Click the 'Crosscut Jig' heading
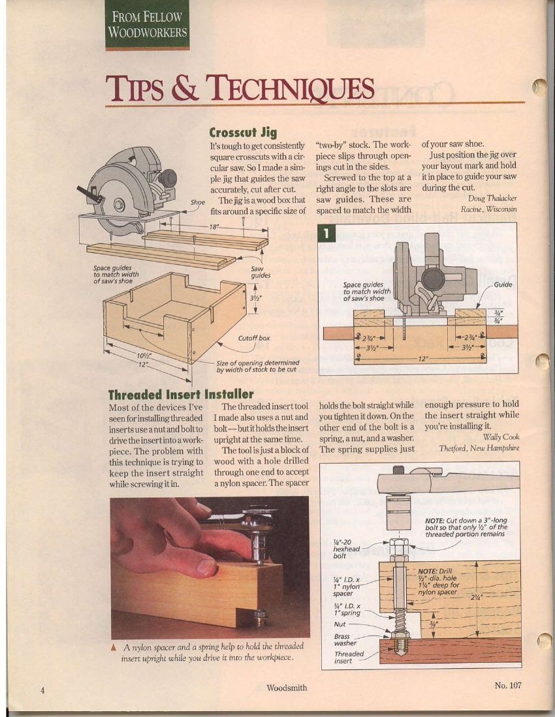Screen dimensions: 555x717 click(x=243, y=132)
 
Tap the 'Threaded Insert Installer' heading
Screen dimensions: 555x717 click(x=181, y=394)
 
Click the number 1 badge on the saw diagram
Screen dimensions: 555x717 click(x=326, y=233)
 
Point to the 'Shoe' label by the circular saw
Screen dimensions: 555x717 click(x=198, y=202)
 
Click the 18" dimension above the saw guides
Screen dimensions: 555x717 click(x=214, y=227)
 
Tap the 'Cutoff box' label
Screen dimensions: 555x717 click(x=254, y=339)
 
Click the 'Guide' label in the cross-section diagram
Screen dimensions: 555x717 click(x=503, y=284)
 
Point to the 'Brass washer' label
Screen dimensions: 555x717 click(x=344, y=639)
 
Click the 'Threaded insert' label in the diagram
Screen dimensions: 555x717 click(x=349, y=657)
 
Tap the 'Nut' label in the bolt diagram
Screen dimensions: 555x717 click(x=340, y=624)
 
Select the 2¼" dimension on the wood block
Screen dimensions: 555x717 click(x=476, y=597)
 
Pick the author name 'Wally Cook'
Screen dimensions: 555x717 click(x=501, y=437)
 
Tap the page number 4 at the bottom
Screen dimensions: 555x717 click(x=42, y=690)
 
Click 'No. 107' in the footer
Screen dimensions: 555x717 click(x=508, y=685)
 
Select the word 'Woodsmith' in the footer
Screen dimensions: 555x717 click(x=287, y=687)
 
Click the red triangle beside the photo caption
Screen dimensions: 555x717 click(x=114, y=647)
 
